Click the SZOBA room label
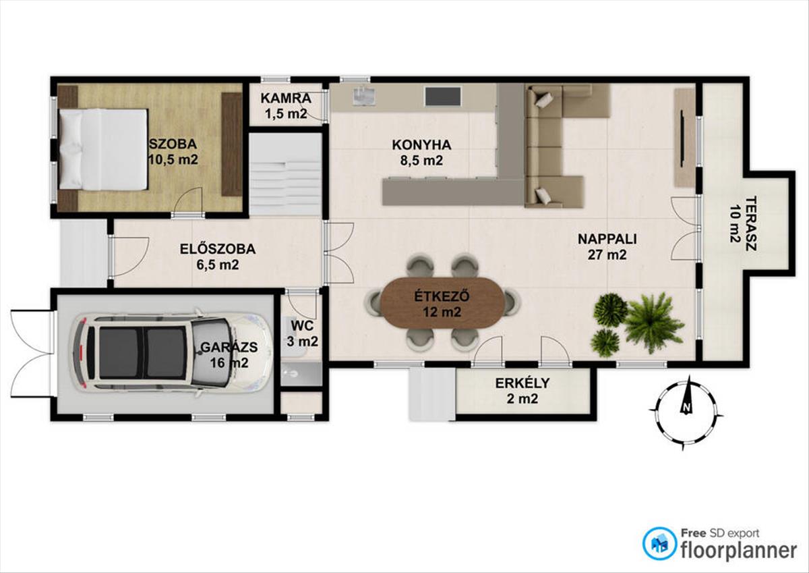point(173,151)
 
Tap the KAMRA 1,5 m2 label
point(286,105)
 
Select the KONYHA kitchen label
point(421,153)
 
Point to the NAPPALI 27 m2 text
point(607,246)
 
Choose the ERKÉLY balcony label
point(522,391)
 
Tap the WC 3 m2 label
point(302,333)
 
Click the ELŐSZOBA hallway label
point(218,256)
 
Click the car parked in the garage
point(171,353)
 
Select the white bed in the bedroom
point(103,149)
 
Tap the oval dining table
point(442,303)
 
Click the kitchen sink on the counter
point(362,96)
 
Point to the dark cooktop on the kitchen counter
point(443,96)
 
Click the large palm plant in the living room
point(653,322)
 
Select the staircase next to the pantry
point(286,174)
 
